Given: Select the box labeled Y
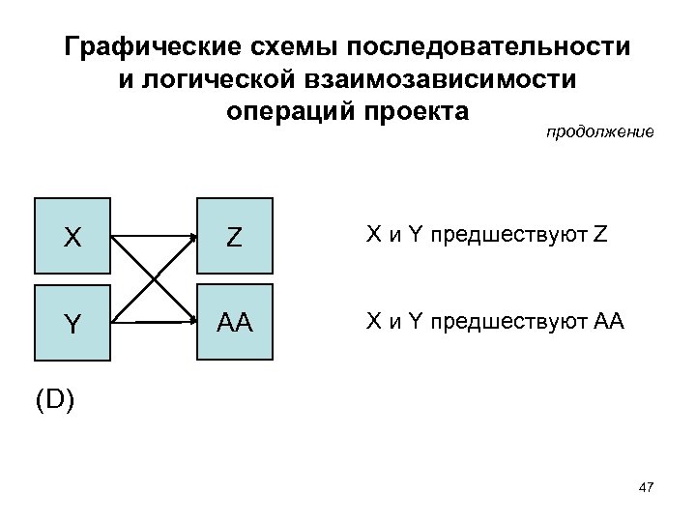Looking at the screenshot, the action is click(x=72, y=322).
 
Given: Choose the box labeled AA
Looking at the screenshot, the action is click(x=234, y=322).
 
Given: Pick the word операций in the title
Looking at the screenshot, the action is click(x=287, y=111).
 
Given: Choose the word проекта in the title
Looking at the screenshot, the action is click(x=415, y=111).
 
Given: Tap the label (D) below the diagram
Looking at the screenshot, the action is click(x=54, y=399).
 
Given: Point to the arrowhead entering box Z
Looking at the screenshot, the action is click(x=191, y=235).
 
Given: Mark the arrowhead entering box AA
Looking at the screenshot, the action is click(x=191, y=319).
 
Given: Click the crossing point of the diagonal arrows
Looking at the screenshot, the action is click(x=152, y=276).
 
